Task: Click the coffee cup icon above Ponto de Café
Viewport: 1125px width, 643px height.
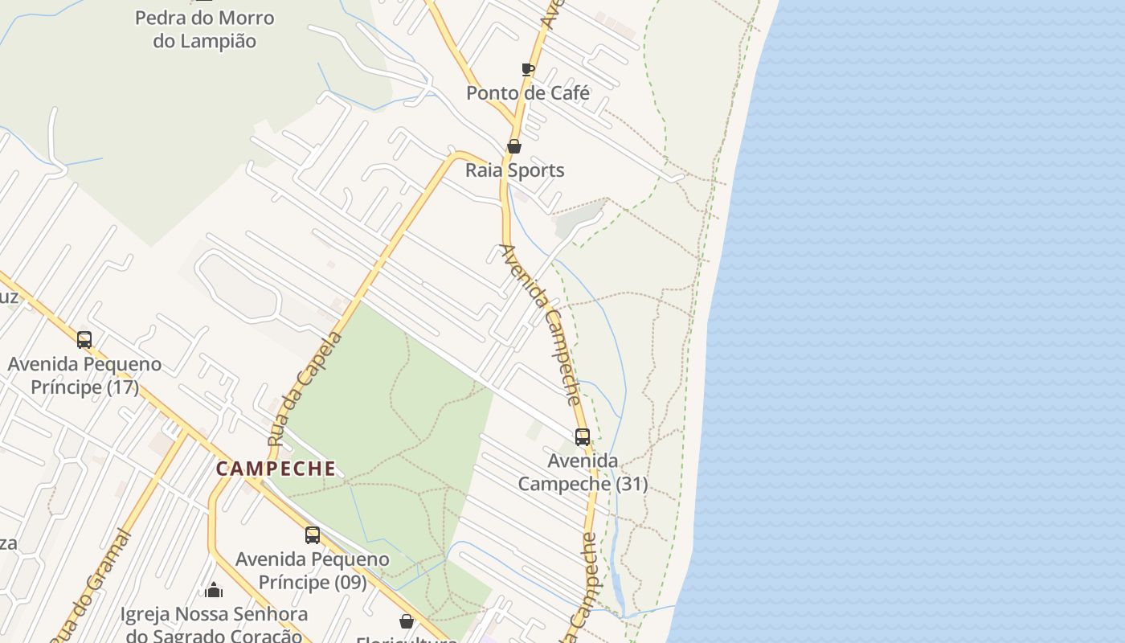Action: pyautogui.click(x=528, y=69)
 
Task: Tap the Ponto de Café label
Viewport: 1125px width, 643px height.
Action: pyautogui.click(x=528, y=92)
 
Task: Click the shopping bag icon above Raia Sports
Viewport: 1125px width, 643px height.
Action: pyautogui.click(x=514, y=146)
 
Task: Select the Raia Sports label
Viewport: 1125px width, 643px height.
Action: pyautogui.click(x=515, y=170)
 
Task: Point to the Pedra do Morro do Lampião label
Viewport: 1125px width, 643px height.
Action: pyautogui.click(x=204, y=29)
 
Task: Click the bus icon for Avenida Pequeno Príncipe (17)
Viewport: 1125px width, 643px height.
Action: pyautogui.click(x=84, y=340)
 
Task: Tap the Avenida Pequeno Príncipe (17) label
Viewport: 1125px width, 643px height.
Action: pyautogui.click(x=84, y=375)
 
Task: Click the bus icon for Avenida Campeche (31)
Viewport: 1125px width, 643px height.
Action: pyautogui.click(x=583, y=437)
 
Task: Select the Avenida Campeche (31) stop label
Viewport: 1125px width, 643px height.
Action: pyautogui.click(x=583, y=472)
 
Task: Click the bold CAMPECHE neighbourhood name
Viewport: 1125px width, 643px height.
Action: pyautogui.click(x=276, y=469)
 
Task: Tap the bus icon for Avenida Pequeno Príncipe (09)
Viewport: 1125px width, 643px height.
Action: pyautogui.click(x=313, y=535)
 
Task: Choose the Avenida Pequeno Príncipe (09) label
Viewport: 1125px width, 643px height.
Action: pyautogui.click(x=313, y=570)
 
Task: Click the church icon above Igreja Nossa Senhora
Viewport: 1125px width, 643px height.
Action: pyautogui.click(x=214, y=591)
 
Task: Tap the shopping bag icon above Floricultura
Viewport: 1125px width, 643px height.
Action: pyautogui.click(x=407, y=621)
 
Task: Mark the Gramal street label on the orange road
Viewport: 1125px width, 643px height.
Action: pyautogui.click(x=90, y=585)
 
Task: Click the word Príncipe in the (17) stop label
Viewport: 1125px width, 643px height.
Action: pyautogui.click(x=67, y=387)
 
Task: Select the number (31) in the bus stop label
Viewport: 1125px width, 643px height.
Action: pyautogui.click(x=632, y=484)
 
